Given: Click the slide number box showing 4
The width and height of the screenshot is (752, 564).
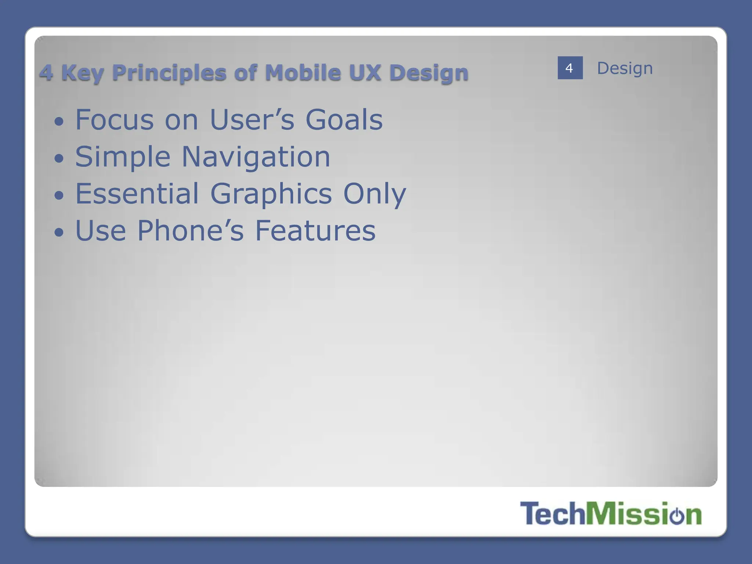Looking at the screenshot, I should [x=570, y=68].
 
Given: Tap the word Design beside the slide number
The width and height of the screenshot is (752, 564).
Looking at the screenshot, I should [x=625, y=69].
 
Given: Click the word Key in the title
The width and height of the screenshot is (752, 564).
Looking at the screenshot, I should [x=83, y=73].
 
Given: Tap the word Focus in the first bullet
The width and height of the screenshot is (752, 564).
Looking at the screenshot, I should [x=115, y=120].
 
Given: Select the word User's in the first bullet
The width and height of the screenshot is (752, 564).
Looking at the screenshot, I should [x=252, y=120].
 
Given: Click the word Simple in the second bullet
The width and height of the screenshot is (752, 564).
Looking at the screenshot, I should [x=123, y=157].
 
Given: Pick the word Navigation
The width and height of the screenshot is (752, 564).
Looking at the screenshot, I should [x=256, y=157].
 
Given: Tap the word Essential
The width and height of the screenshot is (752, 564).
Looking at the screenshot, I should [x=137, y=194].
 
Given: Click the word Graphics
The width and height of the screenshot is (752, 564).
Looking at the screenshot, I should [x=271, y=194].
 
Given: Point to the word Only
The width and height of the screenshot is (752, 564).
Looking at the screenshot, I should [x=375, y=194].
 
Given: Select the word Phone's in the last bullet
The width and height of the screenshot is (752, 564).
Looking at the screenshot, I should [x=191, y=231].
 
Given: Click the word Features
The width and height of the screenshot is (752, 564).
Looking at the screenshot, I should [x=315, y=231].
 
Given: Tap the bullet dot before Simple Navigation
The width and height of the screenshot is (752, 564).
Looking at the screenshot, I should [x=59, y=159].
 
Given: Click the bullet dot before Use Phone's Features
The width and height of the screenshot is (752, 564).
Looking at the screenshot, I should [x=59, y=232].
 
